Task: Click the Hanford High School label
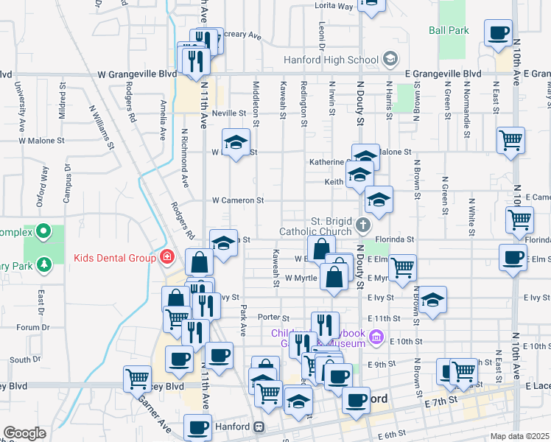[331, 60]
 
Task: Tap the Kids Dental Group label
[113, 258]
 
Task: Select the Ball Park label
[449, 31]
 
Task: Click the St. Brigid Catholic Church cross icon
[362, 224]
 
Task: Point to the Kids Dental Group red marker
[167, 257]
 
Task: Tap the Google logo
[24, 433]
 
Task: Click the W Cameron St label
[237, 200]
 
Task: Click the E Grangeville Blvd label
[443, 74]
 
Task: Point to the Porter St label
[271, 317]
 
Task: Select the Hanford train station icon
[259, 427]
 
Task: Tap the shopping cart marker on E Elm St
[402, 268]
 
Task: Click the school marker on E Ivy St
[433, 301]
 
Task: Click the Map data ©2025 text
[520, 436]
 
